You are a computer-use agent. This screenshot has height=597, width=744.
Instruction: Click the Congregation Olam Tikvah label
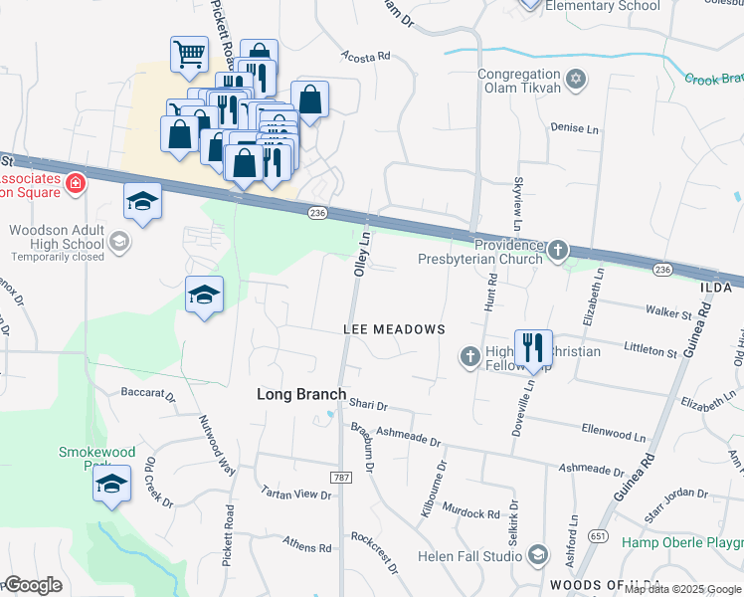(519, 81)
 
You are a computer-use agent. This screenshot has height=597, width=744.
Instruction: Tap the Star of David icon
(575, 78)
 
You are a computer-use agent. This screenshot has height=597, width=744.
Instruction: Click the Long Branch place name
(301, 394)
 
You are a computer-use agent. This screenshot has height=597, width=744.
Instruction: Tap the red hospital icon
(75, 183)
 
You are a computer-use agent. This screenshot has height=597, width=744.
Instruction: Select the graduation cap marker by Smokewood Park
(112, 485)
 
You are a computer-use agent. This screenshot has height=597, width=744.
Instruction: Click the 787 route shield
(342, 478)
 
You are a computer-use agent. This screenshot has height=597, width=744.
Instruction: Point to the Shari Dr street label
(368, 406)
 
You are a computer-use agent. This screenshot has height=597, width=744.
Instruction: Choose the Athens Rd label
(307, 547)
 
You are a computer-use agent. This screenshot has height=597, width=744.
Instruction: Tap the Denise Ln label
(575, 128)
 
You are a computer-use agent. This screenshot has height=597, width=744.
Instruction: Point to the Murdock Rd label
(472, 513)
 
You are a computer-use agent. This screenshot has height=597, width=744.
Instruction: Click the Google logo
(35, 585)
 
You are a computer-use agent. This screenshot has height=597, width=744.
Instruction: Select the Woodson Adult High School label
(57, 237)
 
